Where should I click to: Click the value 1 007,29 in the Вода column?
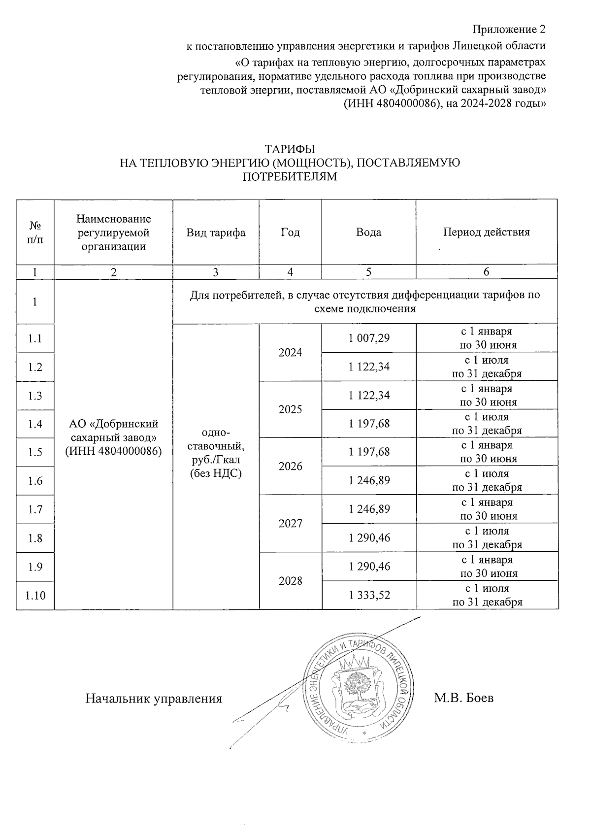point(369,338)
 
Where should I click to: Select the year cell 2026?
point(290,466)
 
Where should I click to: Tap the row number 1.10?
point(35,595)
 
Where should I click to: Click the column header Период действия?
point(486,232)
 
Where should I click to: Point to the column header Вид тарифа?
point(216,233)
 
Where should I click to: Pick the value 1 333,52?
point(369,595)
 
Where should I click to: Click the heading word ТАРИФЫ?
point(290,149)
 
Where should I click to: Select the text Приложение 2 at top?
point(509,30)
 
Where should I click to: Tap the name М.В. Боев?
point(463,698)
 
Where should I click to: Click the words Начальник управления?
point(154,699)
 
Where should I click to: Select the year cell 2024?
point(290,352)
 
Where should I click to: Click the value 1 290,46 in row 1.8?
point(369,538)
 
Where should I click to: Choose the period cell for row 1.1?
point(486,338)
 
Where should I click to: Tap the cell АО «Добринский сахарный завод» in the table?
point(113,437)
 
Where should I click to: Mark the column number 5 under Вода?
point(369,272)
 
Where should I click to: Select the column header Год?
point(290,232)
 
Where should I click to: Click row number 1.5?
point(35,452)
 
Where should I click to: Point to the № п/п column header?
point(35,233)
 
